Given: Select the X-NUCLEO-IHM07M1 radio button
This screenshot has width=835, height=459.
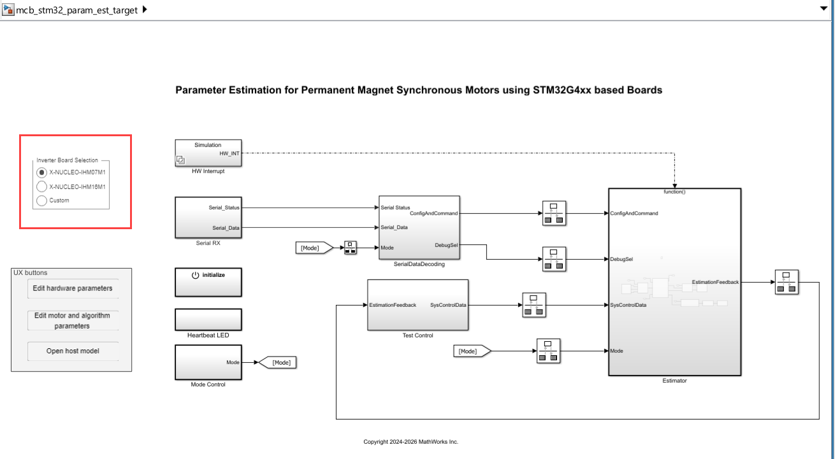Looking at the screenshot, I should pyautogui.click(x=42, y=172).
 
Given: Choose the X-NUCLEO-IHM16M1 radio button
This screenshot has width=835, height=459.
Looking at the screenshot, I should pyautogui.click(x=42, y=187).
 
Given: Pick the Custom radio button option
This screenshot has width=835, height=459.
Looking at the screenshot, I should pyautogui.click(x=42, y=201).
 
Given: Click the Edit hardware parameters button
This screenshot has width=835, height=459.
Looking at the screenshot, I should pyautogui.click(x=73, y=288).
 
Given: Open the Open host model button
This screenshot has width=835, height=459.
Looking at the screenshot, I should pyautogui.click(x=73, y=351).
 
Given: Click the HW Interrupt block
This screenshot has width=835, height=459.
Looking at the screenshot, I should pyautogui.click(x=208, y=153).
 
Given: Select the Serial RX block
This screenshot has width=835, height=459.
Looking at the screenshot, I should pyautogui.click(x=208, y=217).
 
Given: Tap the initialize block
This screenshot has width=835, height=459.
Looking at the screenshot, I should pyautogui.click(x=208, y=282).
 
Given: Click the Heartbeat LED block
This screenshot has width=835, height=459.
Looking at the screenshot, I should pyautogui.click(x=208, y=319).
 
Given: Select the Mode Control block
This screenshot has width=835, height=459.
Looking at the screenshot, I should pyautogui.click(x=208, y=362).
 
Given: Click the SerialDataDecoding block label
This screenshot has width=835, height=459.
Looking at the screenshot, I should pyautogui.click(x=419, y=264).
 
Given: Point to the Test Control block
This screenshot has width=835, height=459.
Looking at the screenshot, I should pyautogui.click(x=417, y=305).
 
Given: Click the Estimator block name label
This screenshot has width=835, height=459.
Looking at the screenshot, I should pyautogui.click(x=674, y=381).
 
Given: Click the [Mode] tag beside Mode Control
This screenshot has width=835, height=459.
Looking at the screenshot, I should pyautogui.click(x=278, y=362).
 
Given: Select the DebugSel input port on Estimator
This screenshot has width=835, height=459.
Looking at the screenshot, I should pyautogui.click(x=621, y=259).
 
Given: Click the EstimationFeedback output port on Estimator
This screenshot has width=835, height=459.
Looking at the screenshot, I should pyautogui.click(x=715, y=282).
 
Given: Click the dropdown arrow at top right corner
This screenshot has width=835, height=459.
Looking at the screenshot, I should pyautogui.click(x=822, y=9).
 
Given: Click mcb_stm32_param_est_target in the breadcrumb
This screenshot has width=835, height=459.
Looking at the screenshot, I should pyautogui.click(x=76, y=10).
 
